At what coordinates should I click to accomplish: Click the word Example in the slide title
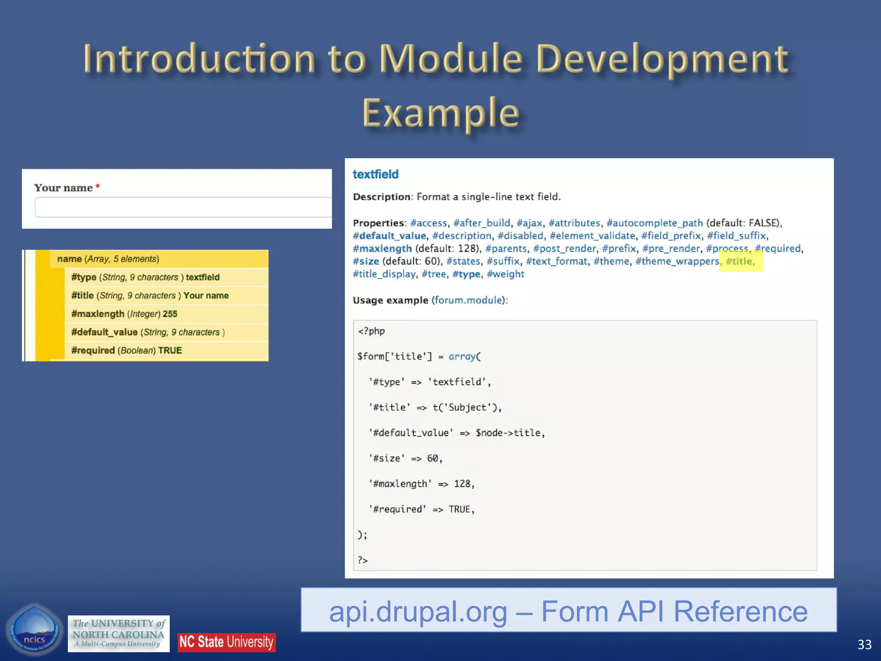click(x=440, y=113)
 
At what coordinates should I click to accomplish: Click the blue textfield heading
click(x=376, y=174)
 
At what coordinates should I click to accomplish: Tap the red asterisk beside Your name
click(x=98, y=186)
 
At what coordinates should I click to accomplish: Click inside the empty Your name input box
click(x=183, y=207)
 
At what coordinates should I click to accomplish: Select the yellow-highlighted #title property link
click(x=740, y=261)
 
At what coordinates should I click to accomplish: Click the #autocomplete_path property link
click(x=654, y=223)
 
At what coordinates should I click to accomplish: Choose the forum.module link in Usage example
click(x=468, y=300)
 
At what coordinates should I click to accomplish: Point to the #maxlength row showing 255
click(x=124, y=314)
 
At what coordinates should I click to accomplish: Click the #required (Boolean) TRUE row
click(x=126, y=350)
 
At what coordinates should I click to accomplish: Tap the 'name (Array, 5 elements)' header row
click(x=108, y=259)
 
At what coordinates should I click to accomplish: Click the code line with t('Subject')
click(x=435, y=407)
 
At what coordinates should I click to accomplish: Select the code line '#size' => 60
click(x=406, y=458)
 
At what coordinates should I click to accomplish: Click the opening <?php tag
click(x=371, y=331)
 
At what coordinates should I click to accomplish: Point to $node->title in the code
click(x=509, y=432)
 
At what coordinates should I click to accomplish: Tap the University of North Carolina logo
click(x=118, y=633)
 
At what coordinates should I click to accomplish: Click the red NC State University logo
click(x=226, y=642)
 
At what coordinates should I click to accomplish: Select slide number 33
click(x=864, y=644)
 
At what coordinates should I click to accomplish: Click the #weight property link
click(x=505, y=274)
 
